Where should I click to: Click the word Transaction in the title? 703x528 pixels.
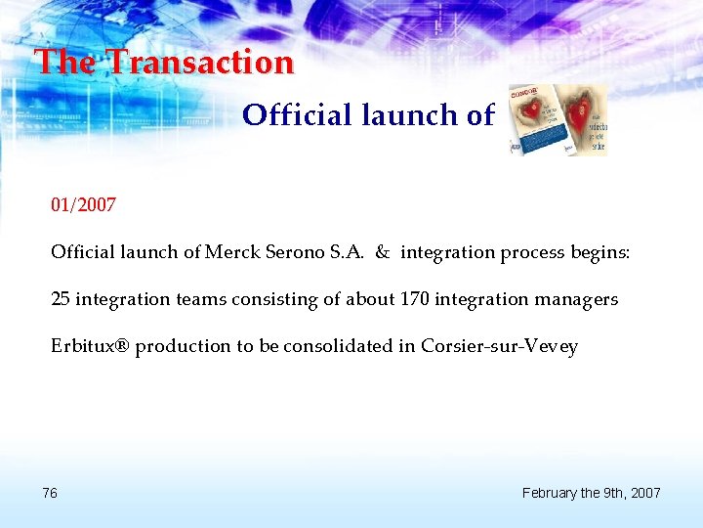click(199, 63)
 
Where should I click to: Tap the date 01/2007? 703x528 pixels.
click(84, 205)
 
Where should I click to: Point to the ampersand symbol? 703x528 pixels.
click(382, 252)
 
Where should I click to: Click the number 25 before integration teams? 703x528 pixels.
click(61, 299)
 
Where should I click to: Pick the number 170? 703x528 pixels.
click(416, 299)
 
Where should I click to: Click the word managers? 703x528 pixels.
click(577, 299)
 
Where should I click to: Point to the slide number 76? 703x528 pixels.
click(50, 493)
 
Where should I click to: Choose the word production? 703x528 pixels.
click(185, 346)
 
